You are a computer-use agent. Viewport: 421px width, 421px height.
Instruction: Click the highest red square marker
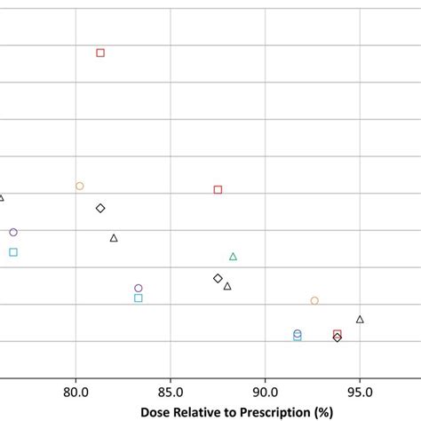coord(100,53)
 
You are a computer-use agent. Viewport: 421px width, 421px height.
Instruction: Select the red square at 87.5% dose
coord(218,190)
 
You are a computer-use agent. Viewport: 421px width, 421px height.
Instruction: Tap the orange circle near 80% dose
coord(80,186)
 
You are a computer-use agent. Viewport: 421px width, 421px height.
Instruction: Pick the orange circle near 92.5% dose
coord(314,301)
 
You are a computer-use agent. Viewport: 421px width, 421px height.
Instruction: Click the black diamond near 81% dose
coord(100,208)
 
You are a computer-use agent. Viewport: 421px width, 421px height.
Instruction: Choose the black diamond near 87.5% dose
coord(218,279)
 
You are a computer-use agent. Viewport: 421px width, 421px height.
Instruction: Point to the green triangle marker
coord(233,257)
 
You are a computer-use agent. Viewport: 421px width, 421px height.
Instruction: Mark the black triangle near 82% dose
coord(114,238)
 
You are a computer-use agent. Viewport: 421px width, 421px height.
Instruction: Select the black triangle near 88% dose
coord(227,286)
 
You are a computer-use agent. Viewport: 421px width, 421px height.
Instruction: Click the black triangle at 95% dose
coord(360,319)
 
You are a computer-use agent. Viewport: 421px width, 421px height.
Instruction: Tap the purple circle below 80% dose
coord(13,232)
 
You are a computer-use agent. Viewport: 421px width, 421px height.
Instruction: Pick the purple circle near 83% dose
coord(139,288)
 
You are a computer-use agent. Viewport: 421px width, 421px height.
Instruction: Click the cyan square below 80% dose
coord(13,252)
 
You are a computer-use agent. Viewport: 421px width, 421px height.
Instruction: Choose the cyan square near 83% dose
coord(139,298)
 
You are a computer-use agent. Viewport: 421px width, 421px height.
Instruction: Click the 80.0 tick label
coord(75,388)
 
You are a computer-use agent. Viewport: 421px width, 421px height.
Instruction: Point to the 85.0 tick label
coord(171,388)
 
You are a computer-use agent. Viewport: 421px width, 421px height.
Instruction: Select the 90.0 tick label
coord(265,388)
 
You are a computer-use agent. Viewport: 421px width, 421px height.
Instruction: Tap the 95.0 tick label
coord(360,388)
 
